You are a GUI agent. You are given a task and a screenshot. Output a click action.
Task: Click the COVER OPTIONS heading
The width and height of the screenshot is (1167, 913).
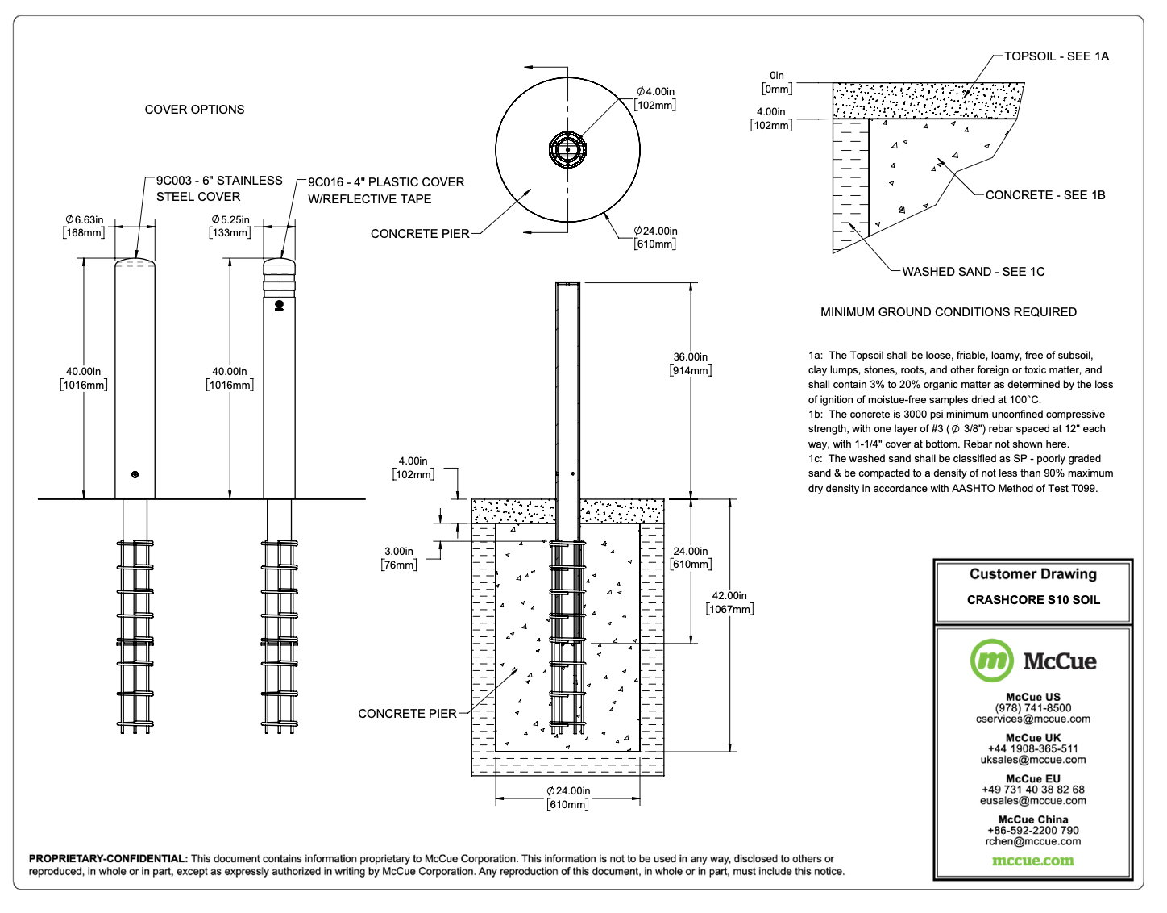194,110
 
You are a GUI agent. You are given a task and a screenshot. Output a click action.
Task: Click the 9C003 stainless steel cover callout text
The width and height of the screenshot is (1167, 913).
218,189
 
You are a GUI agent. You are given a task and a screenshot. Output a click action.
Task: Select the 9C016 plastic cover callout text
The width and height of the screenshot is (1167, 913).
385,190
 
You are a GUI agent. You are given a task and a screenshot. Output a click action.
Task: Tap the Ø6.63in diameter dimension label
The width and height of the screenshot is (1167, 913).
85,226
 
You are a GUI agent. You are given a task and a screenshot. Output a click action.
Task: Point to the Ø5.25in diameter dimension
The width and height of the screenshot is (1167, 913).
230,226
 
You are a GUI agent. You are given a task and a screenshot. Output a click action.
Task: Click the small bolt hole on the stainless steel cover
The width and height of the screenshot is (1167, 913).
135,474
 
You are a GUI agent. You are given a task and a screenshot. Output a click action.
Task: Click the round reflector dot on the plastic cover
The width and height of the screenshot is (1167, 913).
279,305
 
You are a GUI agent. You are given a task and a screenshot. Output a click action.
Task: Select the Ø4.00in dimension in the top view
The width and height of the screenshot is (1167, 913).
655,98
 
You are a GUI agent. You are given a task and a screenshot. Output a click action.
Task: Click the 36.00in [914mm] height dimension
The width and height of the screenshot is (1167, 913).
691,364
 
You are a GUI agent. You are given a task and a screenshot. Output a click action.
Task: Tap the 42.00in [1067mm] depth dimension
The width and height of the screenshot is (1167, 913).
729,602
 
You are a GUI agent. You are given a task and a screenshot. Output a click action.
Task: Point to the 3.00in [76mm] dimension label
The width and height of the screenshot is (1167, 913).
399,558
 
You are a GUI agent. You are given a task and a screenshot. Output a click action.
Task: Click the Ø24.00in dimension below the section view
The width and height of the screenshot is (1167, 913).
568,798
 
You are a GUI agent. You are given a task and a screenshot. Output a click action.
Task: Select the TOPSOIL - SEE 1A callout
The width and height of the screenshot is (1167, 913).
1056,56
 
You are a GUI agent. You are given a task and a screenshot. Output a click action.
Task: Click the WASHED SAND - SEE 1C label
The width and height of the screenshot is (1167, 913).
973,272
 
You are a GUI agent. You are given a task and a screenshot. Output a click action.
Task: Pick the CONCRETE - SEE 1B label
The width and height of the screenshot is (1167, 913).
1044,195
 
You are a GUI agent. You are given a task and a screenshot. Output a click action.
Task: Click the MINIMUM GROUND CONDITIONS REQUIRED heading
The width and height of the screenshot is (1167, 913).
948,312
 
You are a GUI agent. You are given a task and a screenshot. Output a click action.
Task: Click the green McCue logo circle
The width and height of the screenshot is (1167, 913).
991,661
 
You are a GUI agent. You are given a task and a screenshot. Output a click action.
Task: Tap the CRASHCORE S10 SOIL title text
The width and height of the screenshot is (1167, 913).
1032,600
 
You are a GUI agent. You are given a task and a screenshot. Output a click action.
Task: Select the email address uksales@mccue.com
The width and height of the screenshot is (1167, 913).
1032,760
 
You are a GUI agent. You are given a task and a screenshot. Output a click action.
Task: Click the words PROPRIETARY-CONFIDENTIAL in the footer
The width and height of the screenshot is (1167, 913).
108,859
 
